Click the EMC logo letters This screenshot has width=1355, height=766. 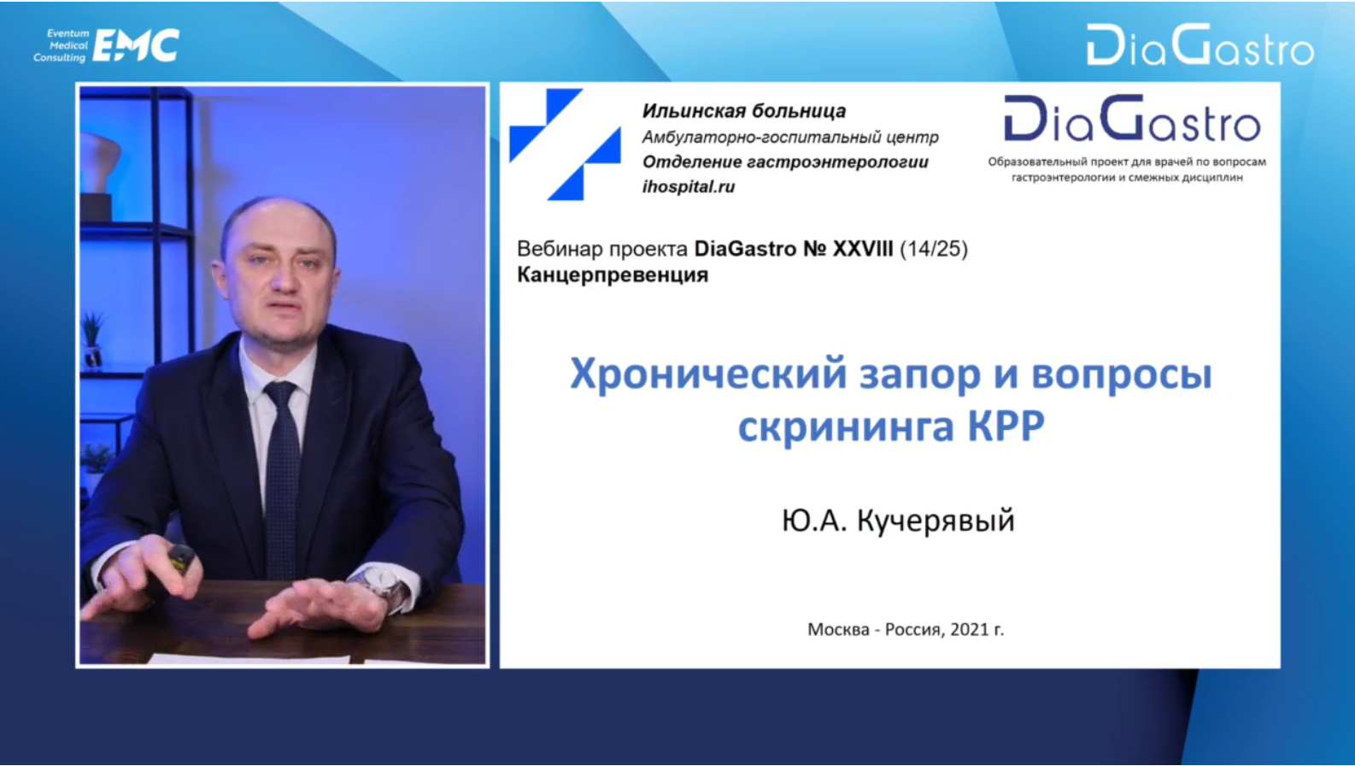tap(136, 45)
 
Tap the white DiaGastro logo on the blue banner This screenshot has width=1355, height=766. tap(1200, 44)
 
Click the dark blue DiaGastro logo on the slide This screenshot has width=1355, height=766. tap(1132, 119)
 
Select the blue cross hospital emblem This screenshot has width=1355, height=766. tap(565, 144)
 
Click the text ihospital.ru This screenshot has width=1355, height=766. tap(689, 186)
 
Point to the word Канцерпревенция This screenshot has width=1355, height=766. tap(613, 275)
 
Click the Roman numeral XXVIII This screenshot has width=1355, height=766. tap(863, 249)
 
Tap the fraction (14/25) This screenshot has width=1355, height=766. tap(934, 249)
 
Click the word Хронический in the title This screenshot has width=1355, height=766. tap(708, 374)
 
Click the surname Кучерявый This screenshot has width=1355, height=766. tap(936, 521)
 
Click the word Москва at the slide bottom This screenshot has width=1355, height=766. tap(838, 630)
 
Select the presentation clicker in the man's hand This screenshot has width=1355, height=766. tap(181, 557)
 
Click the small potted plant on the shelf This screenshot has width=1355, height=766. tap(92, 339)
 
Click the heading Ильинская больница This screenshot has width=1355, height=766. tap(744, 111)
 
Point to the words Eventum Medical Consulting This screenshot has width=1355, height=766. tap(61, 45)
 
